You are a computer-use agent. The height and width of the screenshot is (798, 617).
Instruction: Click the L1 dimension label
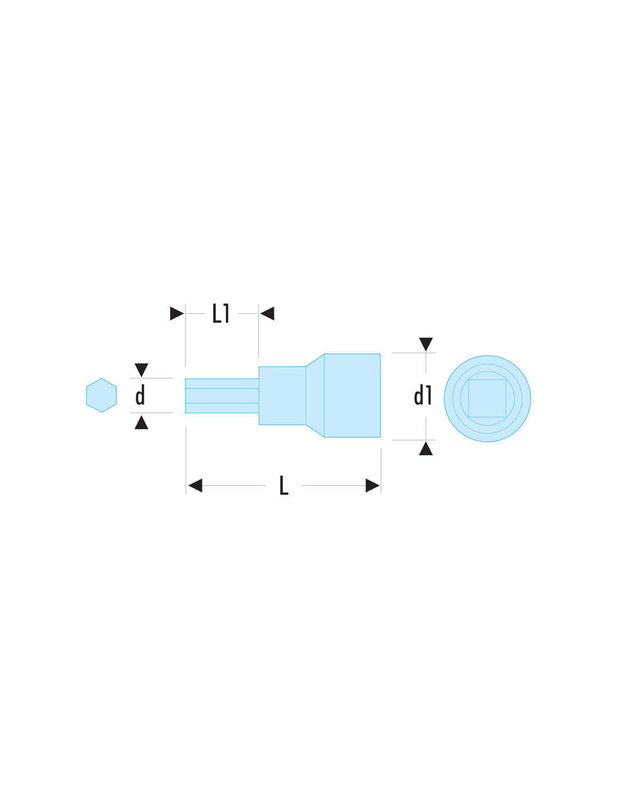[x=220, y=313]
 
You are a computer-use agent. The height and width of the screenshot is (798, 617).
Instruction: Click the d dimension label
[x=140, y=395]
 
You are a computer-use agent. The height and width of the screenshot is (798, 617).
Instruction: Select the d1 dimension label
[x=422, y=395]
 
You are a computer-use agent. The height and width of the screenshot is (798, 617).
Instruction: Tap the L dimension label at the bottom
[x=284, y=485]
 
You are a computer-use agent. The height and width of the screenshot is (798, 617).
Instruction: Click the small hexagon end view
[x=102, y=395]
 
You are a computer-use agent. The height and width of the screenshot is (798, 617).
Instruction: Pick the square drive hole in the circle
[x=487, y=398]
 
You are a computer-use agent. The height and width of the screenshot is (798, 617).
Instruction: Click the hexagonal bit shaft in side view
[x=222, y=396]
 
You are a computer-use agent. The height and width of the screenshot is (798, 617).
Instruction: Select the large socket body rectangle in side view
[x=352, y=396]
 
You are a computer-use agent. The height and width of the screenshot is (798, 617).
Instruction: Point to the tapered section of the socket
[x=315, y=396]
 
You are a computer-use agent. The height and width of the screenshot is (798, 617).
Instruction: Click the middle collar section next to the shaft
[x=282, y=396]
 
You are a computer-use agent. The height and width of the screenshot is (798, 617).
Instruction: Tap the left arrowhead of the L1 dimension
[x=177, y=313]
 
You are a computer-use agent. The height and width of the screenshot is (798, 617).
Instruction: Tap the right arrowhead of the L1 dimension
[x=267, y=313]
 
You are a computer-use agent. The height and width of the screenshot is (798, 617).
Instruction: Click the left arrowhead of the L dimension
[x=195, y=485]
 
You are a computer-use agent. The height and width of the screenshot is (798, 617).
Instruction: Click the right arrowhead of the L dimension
[x=372, y=485]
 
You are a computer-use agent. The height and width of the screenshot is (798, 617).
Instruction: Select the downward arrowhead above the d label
[x=141, y=370]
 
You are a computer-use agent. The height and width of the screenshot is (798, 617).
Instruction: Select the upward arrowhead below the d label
[x=141, y=423]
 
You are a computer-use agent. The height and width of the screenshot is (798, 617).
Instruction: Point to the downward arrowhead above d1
[x=426, y=344]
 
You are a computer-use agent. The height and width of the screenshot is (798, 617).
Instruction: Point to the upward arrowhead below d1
[x=426, y=448]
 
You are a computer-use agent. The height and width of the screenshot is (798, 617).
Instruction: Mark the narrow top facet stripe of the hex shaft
[x=222, y=383]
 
